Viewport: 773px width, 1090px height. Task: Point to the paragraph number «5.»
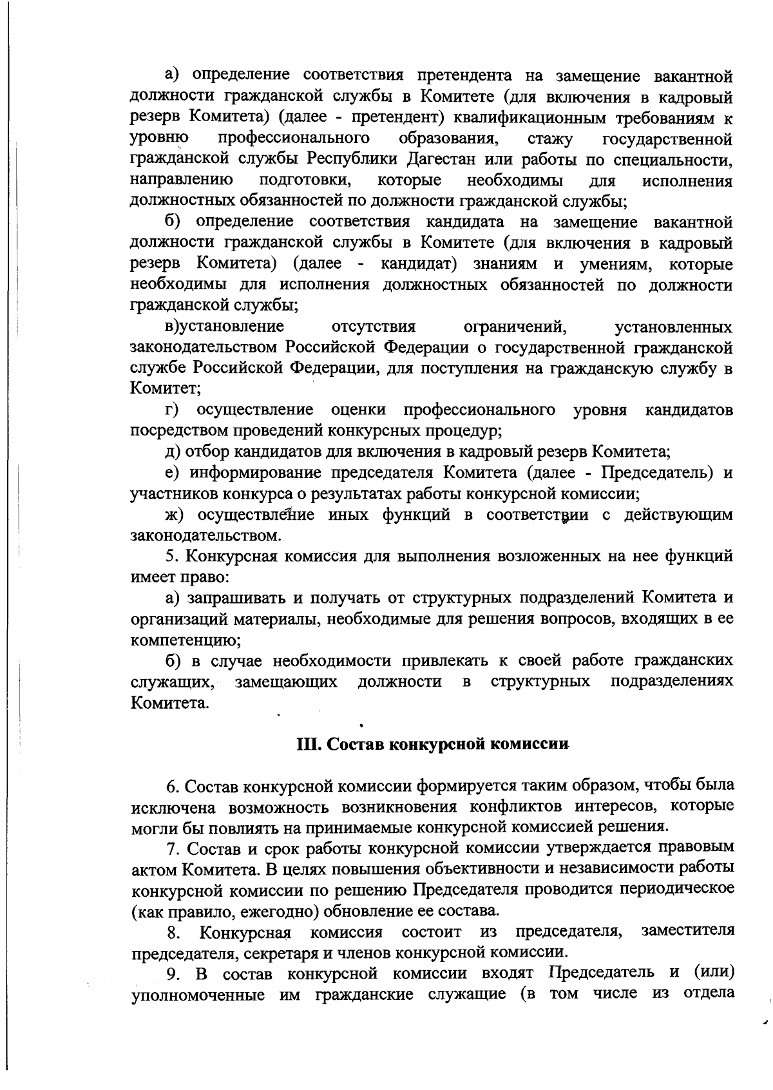171,556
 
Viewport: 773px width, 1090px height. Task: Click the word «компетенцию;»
186,640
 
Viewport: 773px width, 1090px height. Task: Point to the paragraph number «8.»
173,932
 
